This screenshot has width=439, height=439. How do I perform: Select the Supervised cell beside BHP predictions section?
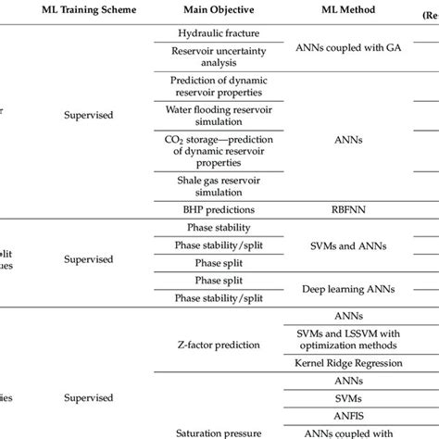click(89, 117)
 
